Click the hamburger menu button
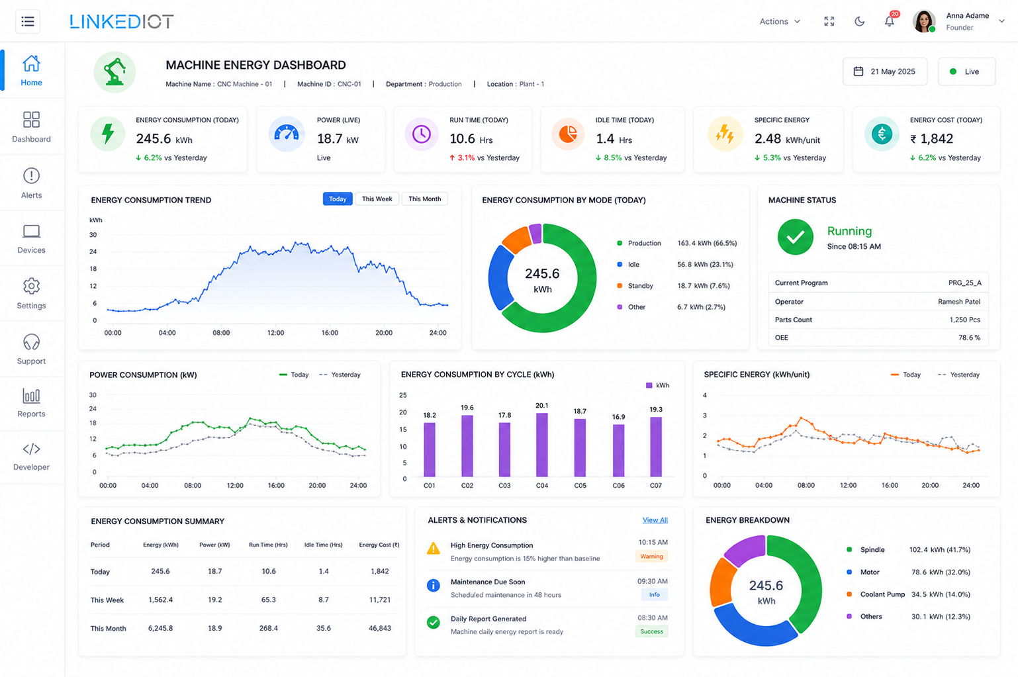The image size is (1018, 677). [28, 21]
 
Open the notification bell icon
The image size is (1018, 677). [890, 21]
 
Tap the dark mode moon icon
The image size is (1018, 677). [859, 21]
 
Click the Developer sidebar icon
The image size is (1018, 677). [31, 449]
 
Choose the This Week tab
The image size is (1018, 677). [377, 199]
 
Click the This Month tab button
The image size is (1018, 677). [424, 199]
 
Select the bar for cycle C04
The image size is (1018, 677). [541, 445]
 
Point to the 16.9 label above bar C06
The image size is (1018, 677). [618, 417]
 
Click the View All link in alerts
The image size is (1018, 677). [655, 519]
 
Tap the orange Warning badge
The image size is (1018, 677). [651, 556]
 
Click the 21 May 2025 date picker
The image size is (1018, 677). [885, 71]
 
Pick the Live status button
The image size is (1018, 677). [966, 71]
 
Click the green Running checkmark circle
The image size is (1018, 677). [796, 237]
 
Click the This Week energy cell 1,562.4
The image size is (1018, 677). [160, 600]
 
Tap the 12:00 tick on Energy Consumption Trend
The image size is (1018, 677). [275, 333]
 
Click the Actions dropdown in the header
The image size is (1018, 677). [780, 21]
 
